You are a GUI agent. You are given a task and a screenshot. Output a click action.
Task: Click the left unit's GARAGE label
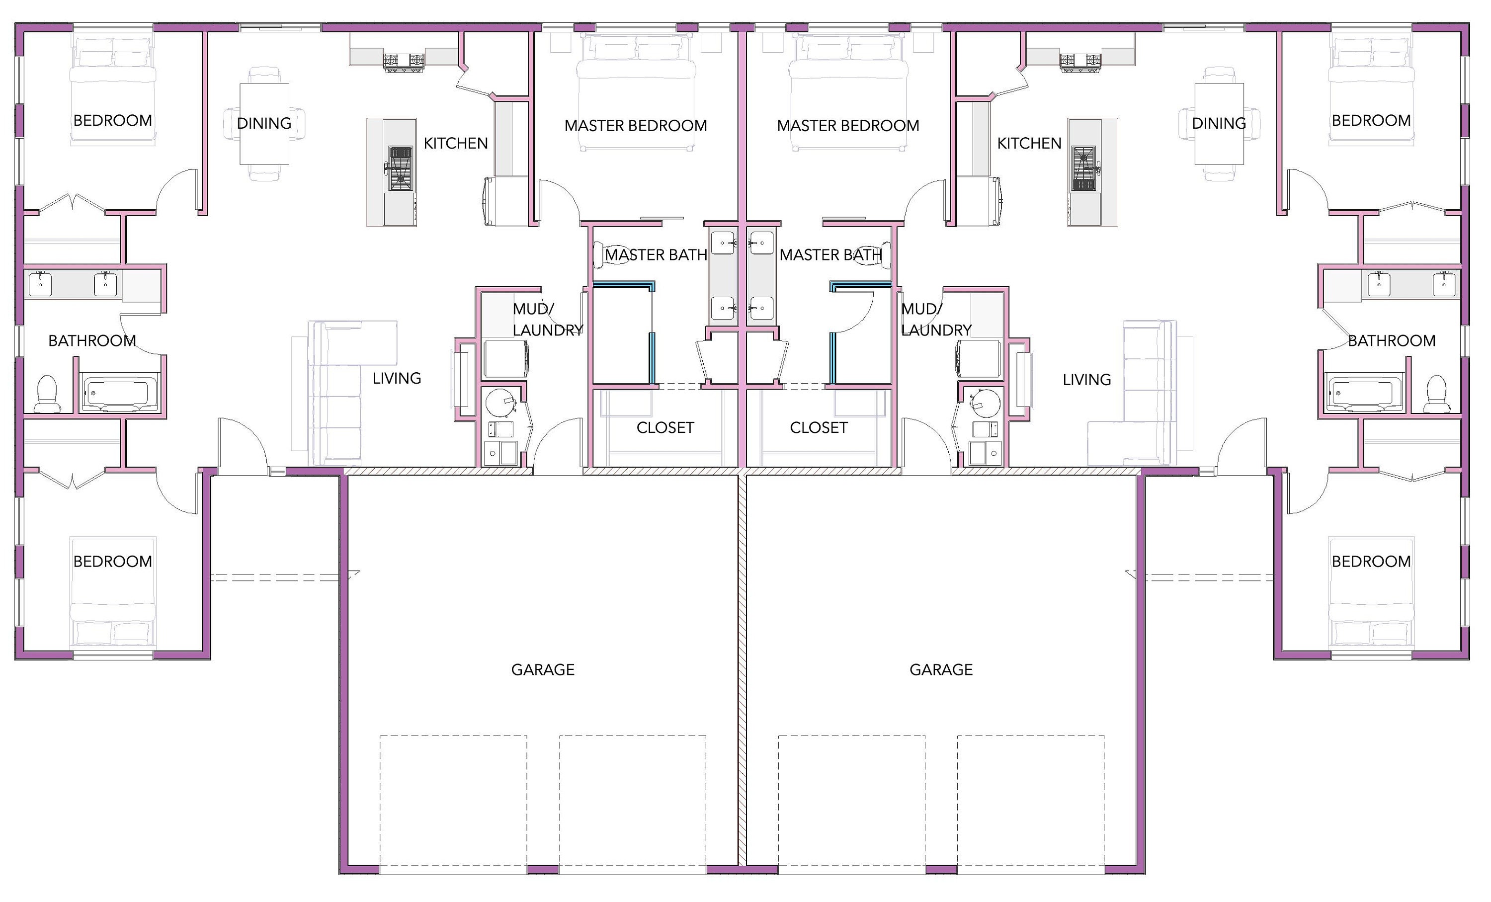pos(543,670)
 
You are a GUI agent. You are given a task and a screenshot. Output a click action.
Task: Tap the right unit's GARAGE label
pos(941,670)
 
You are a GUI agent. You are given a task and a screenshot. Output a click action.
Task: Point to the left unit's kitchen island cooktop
pos(400,168)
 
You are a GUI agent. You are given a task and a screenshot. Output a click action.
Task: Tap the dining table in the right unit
pos(1219,124)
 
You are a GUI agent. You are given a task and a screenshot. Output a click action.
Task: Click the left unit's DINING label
pos(264,123)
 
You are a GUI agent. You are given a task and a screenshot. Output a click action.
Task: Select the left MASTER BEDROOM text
pos(635,126)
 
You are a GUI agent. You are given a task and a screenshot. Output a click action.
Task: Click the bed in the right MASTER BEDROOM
pos(848,91)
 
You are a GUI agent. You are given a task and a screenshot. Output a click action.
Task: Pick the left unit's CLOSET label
pos(665,428)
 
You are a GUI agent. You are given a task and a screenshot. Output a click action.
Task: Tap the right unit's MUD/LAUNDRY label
pos(935,320)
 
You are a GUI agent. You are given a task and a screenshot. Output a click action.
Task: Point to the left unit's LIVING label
pos(396,379)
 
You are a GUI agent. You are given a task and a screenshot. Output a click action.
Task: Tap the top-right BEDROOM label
pos(1371,120)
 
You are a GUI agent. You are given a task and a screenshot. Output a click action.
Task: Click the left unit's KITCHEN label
pos(455,144)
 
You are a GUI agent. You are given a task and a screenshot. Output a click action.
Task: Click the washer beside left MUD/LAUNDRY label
pos(505,359)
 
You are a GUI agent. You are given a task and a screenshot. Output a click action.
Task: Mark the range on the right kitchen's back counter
pos(1080,61)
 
